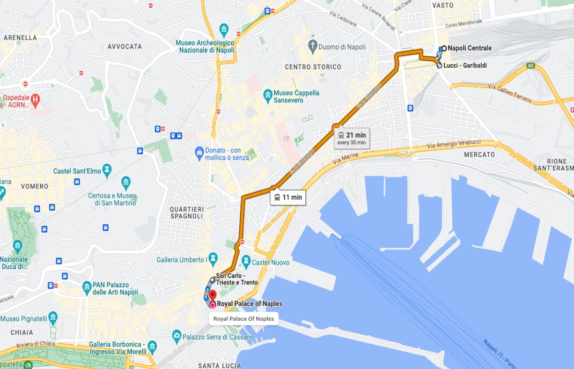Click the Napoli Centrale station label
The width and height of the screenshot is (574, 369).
click(469, 48)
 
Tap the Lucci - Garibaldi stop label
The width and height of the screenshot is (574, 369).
click(465, 65)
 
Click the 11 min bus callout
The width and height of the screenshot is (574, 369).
click(288, 197)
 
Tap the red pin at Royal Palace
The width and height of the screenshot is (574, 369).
click(212, 296)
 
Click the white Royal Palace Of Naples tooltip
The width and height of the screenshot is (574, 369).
click(244, 319)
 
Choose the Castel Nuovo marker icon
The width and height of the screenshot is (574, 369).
click(246, 260)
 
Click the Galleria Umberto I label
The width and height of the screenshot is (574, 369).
click(180, 260)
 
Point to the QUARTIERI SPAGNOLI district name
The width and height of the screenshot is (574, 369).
click(186, 212)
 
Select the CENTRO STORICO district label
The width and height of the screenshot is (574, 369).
click(313, 67)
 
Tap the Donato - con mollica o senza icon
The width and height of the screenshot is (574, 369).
click(200, 152)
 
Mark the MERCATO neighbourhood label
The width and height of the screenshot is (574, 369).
click(479, 154)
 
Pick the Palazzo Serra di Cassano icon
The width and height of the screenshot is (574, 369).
click(176, 336)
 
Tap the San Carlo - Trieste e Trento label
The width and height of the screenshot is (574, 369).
click(237, 279)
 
